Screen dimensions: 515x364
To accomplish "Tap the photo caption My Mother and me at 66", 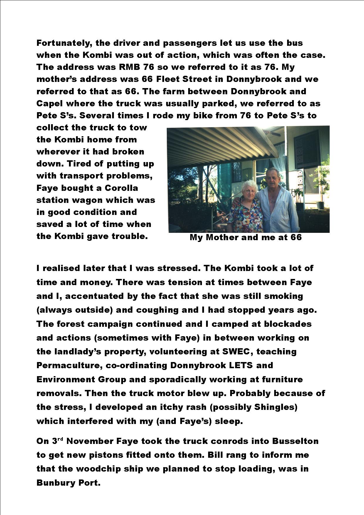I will pos(246,237).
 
